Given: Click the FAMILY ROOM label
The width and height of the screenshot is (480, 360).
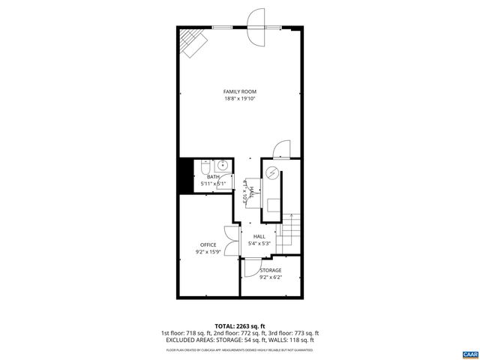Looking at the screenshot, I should [x=239, y=91].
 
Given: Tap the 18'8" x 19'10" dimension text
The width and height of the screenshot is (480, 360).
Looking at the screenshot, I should [x=239, y=99].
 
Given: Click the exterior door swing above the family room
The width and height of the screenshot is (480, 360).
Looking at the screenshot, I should [x=256, y=19].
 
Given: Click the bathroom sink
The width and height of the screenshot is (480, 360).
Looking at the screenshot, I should [x=222, y=167].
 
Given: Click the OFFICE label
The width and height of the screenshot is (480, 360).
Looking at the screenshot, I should [x=208, y=245].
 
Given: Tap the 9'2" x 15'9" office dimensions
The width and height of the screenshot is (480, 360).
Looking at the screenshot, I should [x=208, y=253].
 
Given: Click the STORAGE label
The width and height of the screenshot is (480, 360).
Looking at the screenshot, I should [x=271, y=270].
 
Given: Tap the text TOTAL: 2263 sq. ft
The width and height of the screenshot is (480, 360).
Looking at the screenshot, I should [x=239, y=326].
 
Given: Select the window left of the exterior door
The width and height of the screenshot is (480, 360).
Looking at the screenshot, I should [x=221, y=27].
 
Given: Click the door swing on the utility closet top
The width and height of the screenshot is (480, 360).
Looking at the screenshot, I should [x=280, y=150].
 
